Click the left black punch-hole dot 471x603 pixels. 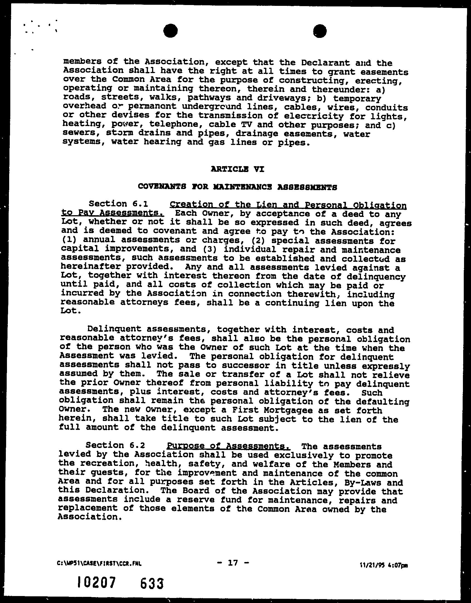point(170,30)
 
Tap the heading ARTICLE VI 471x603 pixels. point(237,169)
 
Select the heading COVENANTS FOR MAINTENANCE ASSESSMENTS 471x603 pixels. point(237,187)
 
